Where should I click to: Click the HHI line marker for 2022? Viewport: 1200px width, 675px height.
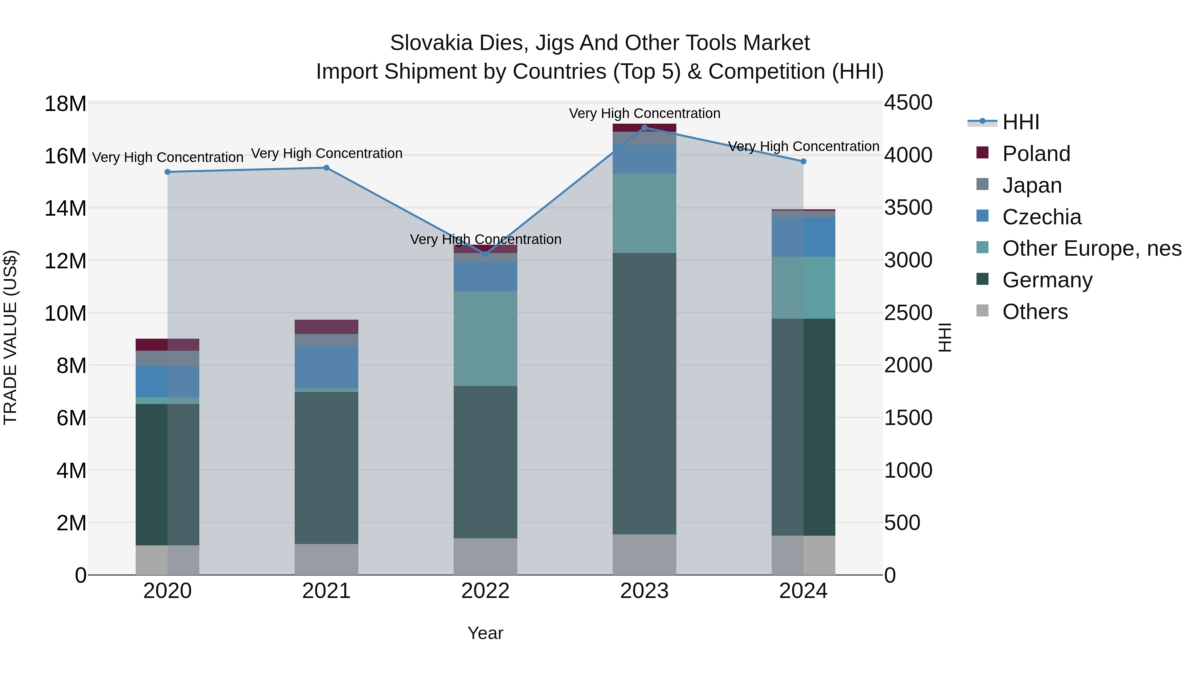coord(485,254)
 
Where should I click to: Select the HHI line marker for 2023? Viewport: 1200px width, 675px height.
coord(644,127)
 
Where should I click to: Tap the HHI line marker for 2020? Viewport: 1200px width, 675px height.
coord(168,172)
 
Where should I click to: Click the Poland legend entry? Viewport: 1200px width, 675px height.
coord(1036,154)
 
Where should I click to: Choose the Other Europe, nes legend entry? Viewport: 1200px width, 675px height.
coord(1091,248)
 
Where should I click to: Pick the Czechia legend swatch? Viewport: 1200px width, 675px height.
coord(982,216)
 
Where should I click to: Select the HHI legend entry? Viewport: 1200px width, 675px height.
coord(1020,122)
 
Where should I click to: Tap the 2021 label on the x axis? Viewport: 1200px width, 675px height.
coord(326,591)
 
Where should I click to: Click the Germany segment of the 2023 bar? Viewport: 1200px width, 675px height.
coord(644,394)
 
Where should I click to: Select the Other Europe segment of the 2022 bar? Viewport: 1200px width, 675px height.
coord(485,339)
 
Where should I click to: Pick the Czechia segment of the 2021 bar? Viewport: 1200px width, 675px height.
coord(326,367)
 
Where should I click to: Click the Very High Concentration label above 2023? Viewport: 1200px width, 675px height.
coord(644,113)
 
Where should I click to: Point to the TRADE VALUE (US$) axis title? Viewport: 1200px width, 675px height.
coord(10,337)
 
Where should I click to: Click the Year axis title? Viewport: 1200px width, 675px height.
coord(485,633)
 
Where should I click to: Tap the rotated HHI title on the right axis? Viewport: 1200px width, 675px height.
coord(945,337)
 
